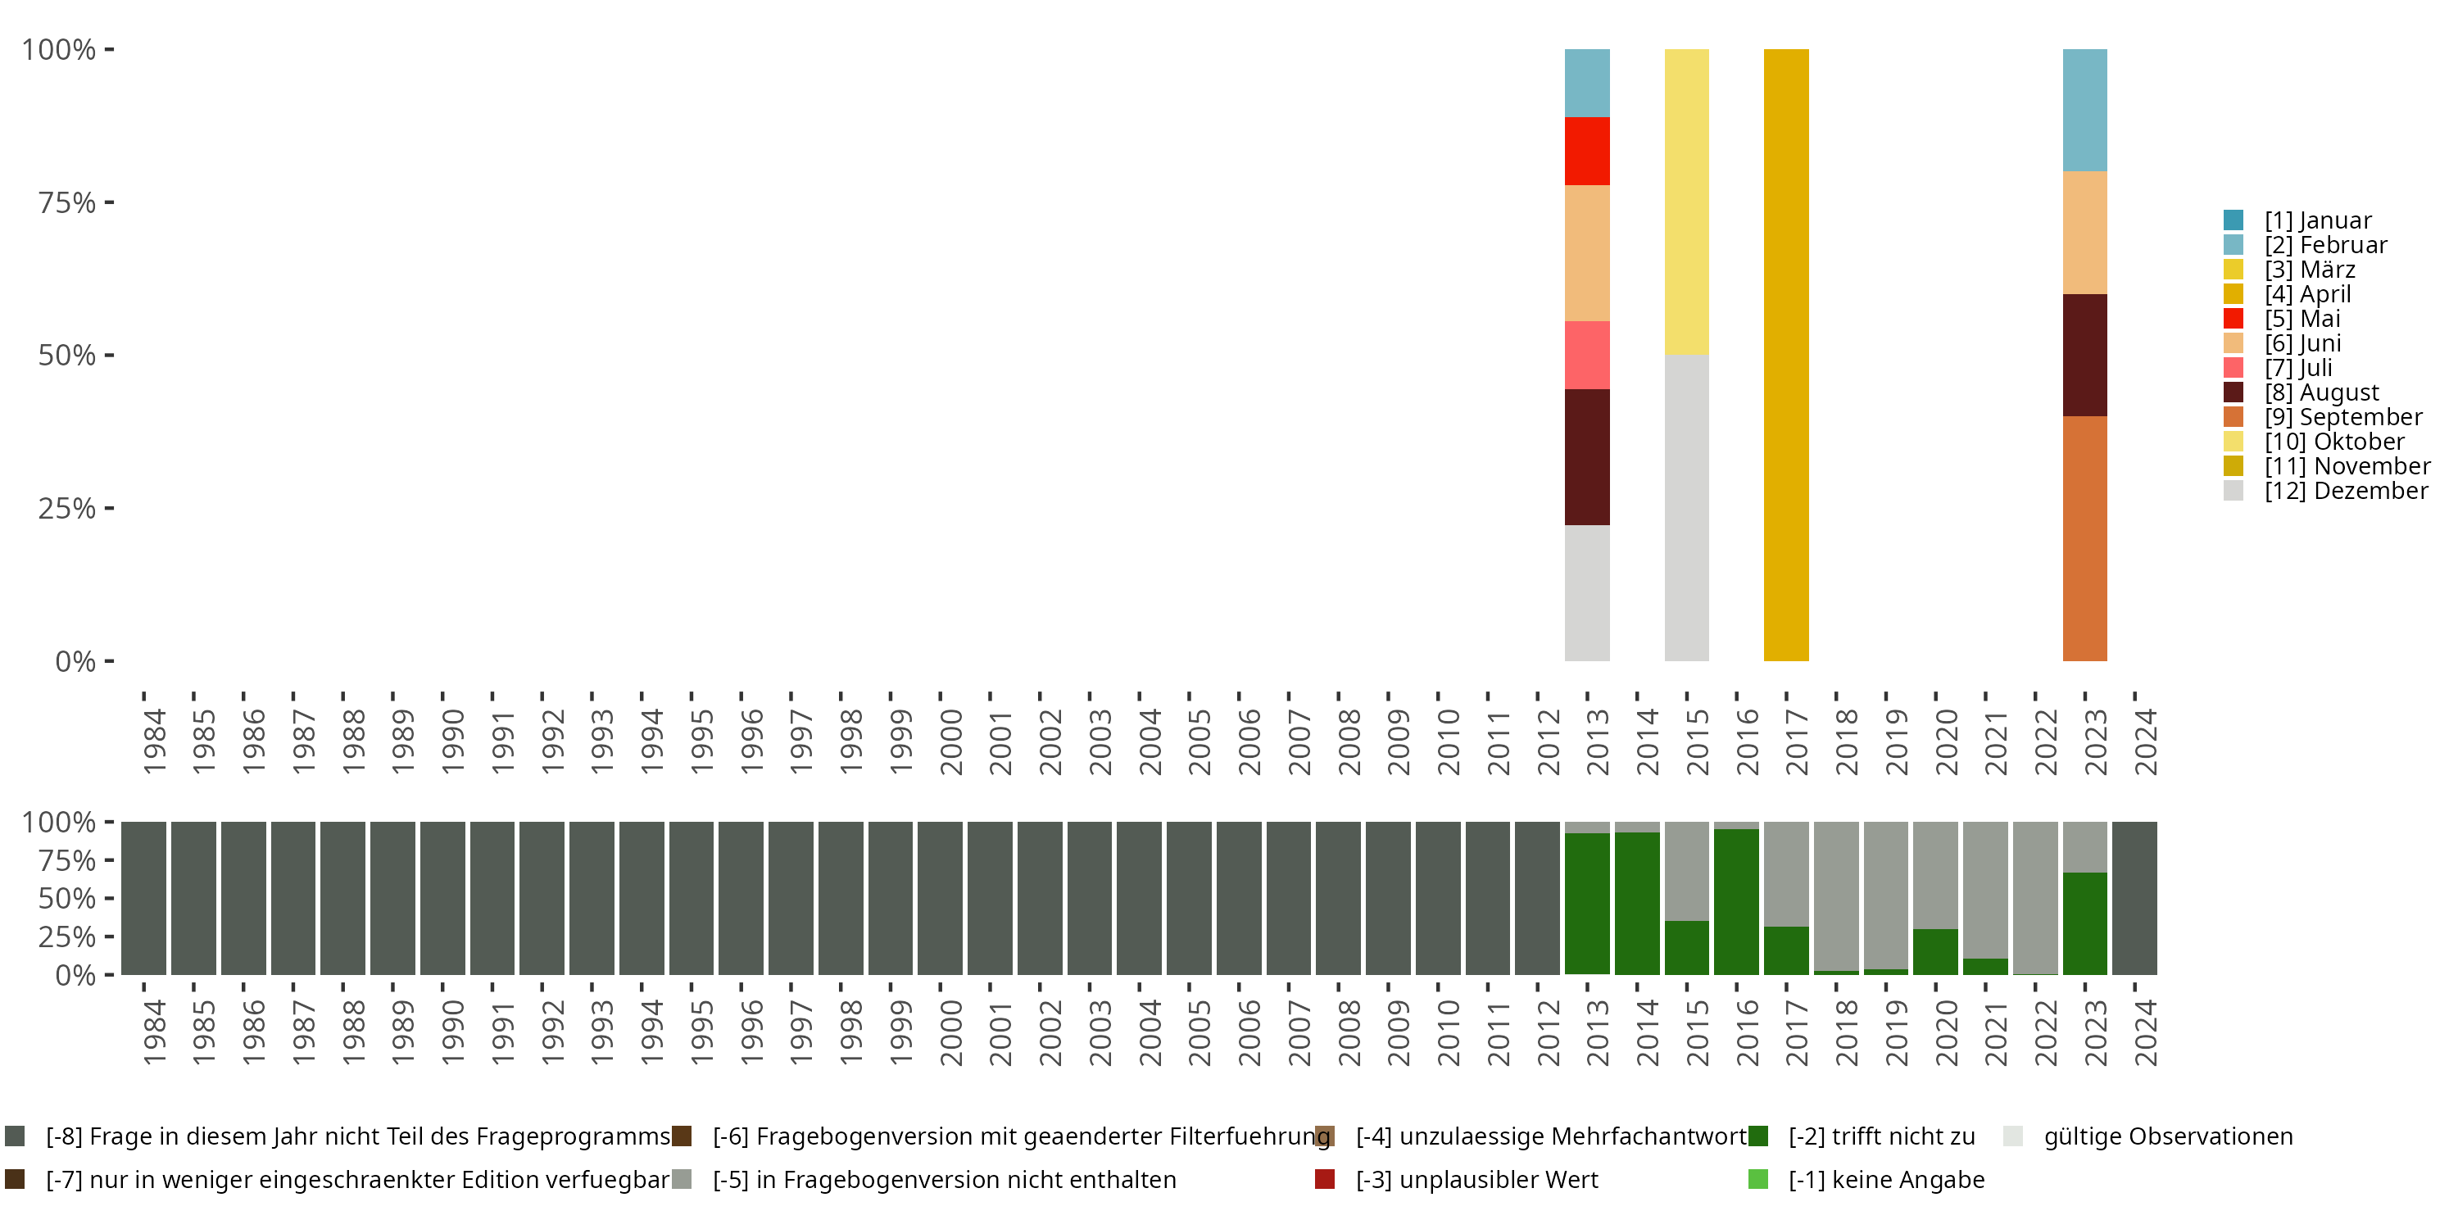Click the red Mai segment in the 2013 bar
coord(1587,151)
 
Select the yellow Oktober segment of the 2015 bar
coord(1686,202)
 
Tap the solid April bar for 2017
coord(1786,355)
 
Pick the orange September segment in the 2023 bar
coord(2085,538)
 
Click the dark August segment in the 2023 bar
coord(2085,355)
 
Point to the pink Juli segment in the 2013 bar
coord(1587,355)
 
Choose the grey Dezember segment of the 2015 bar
coord(1686,508)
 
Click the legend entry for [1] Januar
coord(2317,220)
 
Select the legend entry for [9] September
coord(2342,417)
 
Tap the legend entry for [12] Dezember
coord(2346,491)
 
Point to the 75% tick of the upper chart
coord(67,202)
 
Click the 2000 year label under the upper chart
coord(951,741)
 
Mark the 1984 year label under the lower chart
coord(155,1032)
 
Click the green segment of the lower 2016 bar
coord(1735,902)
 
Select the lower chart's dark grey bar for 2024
coord(2134,898)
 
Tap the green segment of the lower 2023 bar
coord(2085,923)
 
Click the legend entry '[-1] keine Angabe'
coord(1885,1179)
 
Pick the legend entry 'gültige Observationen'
coord(2167,1136)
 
